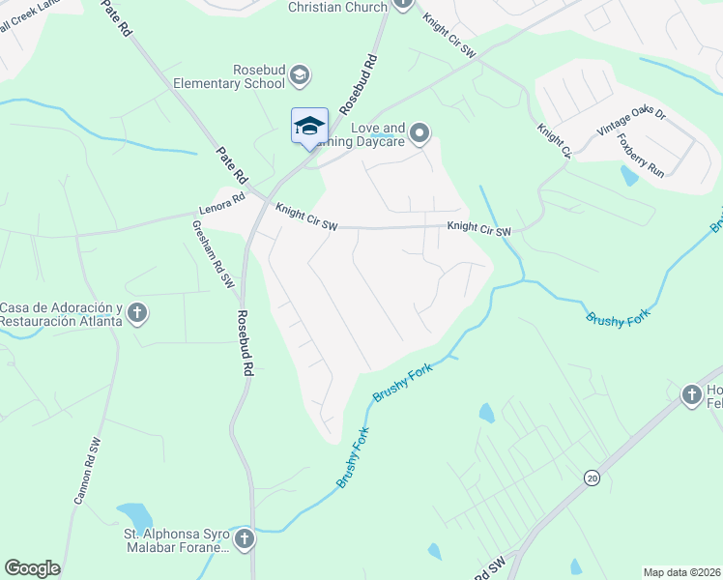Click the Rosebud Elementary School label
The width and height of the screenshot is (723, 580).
[229, 76]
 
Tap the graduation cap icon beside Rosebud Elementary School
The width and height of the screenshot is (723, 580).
[301, 75]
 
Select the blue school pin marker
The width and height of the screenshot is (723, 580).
[309, 128]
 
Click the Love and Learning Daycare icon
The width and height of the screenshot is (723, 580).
[419, 132]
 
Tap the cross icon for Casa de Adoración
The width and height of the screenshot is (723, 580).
[137, 312]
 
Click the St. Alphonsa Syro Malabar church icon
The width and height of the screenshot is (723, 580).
[246, 537]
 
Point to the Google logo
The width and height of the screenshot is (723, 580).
[32, 568]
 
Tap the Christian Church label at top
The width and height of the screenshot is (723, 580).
[338, 7]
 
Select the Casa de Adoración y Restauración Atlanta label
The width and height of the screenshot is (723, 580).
[60, 314]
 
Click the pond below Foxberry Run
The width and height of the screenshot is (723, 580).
[630, 177]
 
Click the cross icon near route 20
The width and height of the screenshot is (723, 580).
[691, 394]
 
